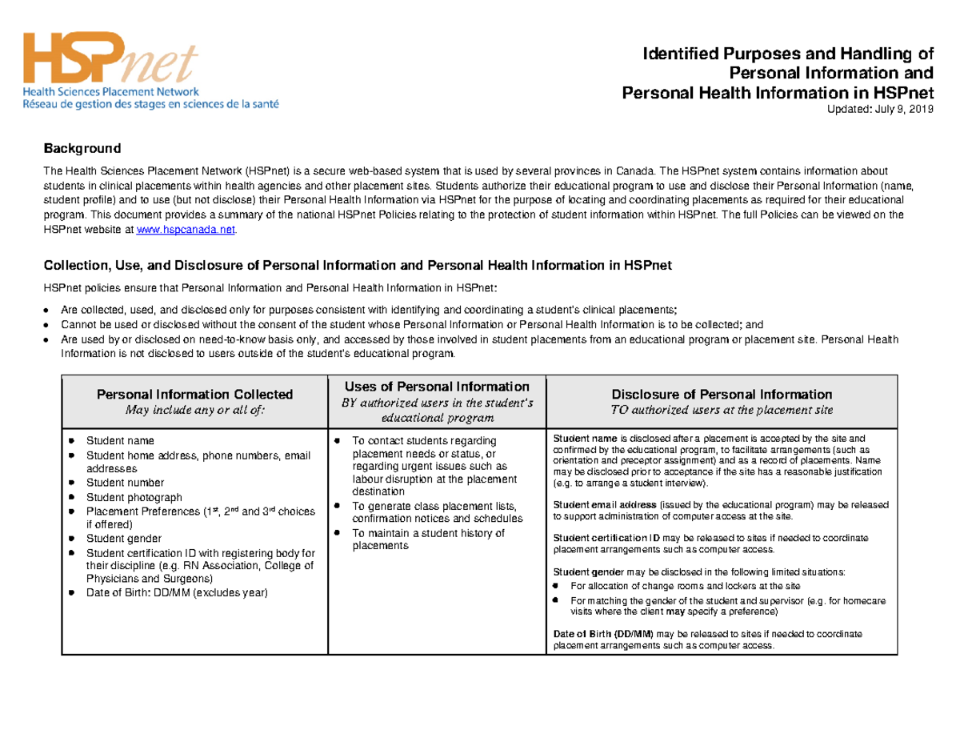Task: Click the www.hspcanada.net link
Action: point(187,230)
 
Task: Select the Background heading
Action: point(82,148)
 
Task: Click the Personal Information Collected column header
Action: point(194,395)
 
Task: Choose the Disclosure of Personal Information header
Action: point(722,395)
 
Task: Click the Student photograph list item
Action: point(124,496)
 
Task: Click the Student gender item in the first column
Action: point(123,538)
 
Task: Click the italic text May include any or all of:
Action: point(194,410)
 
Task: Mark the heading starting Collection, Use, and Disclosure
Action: point(363,265)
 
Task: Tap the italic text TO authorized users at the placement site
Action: point(722,410)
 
